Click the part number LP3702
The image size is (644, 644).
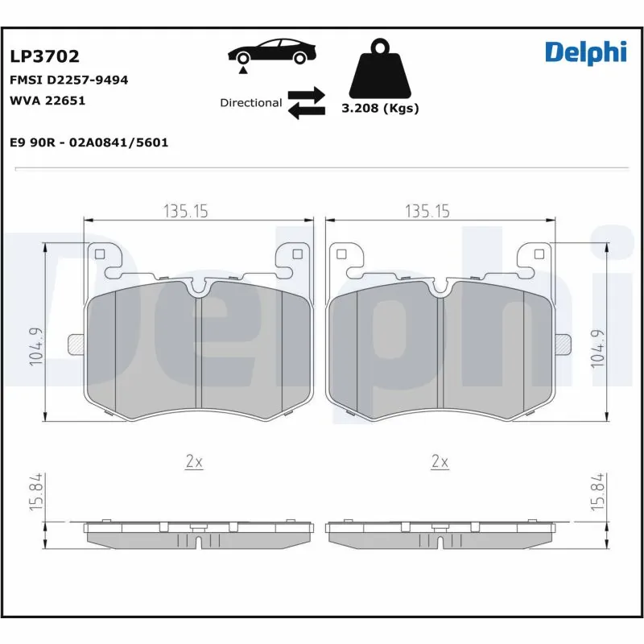click(44, 56)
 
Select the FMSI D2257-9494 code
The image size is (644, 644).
click(68, 80)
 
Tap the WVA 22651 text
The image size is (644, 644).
click(47, 101)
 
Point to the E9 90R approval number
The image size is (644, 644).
click(89, 142)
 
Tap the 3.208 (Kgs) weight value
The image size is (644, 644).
click(380, 109)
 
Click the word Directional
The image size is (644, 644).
click(250, 103)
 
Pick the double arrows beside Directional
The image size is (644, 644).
click(306, 103)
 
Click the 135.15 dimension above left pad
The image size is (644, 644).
click(186, 211)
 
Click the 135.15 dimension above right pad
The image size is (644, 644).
click(427, 211)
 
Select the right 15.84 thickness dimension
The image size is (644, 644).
click(596, 493)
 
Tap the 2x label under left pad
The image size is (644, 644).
click(194, 461)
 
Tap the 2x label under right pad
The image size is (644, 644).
click(440, 461)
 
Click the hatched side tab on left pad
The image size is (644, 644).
click(76, 344)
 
